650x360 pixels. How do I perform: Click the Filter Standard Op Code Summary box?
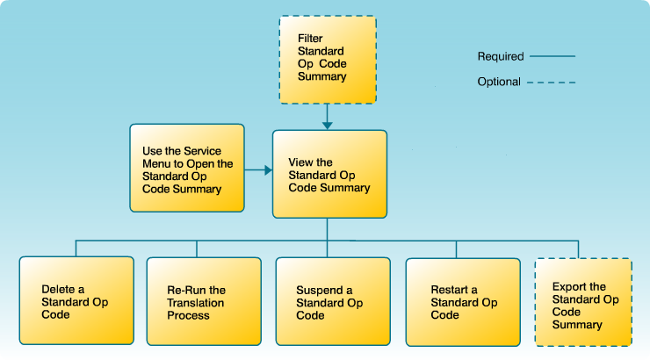[327, 58]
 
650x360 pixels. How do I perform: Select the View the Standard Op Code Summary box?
[329, 174]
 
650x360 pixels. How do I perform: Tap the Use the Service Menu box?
[186, 168]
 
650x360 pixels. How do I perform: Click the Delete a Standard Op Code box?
[76, 300]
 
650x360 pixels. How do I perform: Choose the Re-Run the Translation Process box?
[204, 300]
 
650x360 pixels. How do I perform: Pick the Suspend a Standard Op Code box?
[332, 300]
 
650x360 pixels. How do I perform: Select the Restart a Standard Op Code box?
[462, 300]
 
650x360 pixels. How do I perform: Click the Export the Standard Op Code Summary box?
[583, 304]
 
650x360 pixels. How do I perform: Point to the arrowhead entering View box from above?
[327, 125]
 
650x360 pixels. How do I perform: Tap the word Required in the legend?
[500, 57]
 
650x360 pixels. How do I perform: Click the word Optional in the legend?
[499, 83]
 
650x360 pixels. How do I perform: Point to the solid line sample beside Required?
[552, 57]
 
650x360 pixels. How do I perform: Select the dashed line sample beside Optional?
[552, 83]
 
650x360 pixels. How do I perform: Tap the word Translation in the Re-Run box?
[196, 303]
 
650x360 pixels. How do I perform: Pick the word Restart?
[449, 291]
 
